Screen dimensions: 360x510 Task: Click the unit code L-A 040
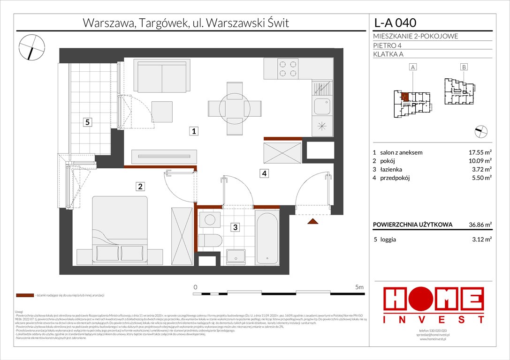click(x=395, y=22)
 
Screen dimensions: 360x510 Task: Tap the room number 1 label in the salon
click(x=193, y=132)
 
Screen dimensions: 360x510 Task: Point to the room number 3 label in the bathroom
click(x=236, y=228)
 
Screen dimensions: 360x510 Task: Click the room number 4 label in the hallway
click(x=265, y=173)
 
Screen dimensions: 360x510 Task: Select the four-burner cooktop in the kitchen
click(x=287, y=69)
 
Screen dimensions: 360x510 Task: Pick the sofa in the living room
click(x=162, y=75)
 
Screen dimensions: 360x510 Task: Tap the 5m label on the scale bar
click(x=359, y=286)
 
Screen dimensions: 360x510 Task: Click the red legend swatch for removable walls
click(x=24, y=296)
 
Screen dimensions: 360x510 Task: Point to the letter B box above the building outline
click(x=464, y=67)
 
